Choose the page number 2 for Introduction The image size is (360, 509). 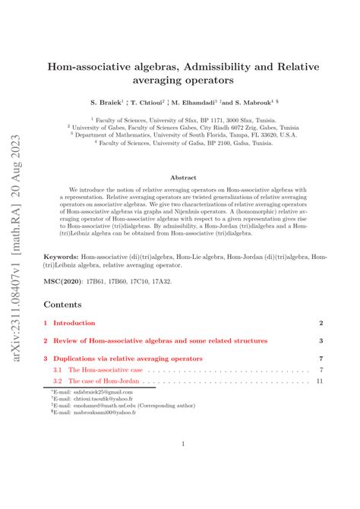[x=322, y=323]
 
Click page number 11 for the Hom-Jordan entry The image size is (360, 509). [x=321, y=380]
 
